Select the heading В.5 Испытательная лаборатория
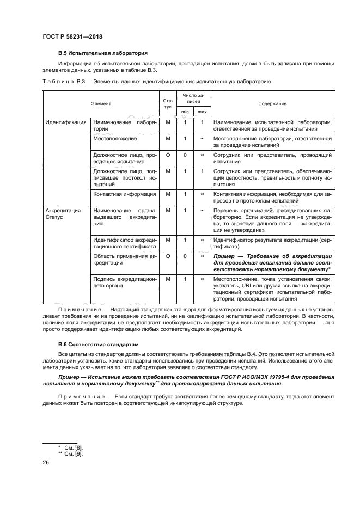(x=103, y=53)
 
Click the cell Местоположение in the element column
(x=114, y=139)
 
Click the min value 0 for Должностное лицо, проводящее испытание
(x=185, y=155)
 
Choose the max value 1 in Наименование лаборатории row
(x=202, y=122)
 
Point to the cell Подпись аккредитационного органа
(x=125, y=282)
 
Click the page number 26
(x=46, y=463)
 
